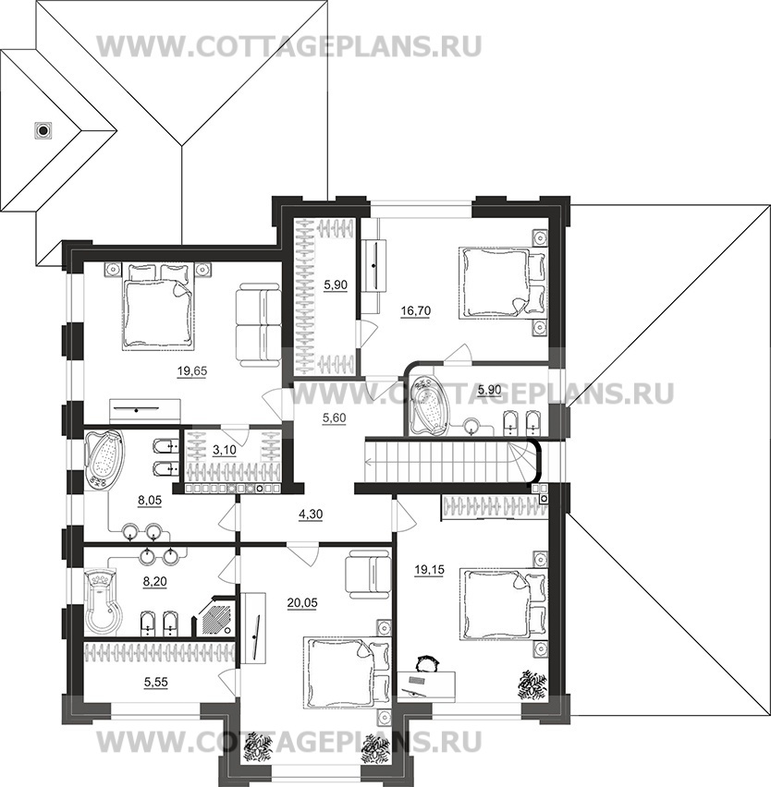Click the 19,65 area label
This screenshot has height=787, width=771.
[192, 371]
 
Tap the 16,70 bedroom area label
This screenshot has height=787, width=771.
[416, 311]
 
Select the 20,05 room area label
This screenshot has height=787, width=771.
[302, 603]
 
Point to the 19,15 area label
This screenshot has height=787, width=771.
[430, 570]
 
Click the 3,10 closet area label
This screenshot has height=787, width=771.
[224, 450]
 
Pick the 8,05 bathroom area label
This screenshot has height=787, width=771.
[150, 500]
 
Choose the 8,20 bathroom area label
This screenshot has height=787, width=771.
[154, 582]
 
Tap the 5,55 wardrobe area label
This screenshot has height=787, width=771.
[155, 683]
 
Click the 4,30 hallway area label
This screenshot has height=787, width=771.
[311, 514]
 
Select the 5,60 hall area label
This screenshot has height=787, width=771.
[334, 418]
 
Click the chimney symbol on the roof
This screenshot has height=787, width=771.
[43, 130]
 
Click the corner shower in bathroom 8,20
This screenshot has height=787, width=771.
[214, 616]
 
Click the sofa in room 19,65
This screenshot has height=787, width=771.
[258, 325]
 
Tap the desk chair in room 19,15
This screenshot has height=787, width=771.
[427, 662]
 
